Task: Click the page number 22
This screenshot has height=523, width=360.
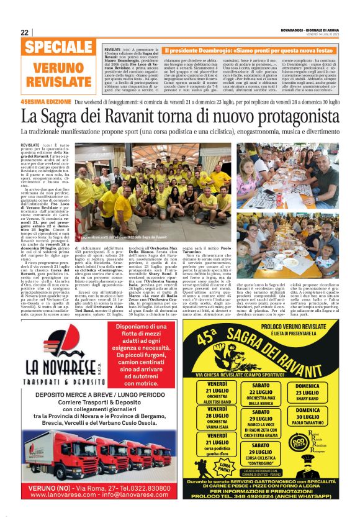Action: tap(24, 32)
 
